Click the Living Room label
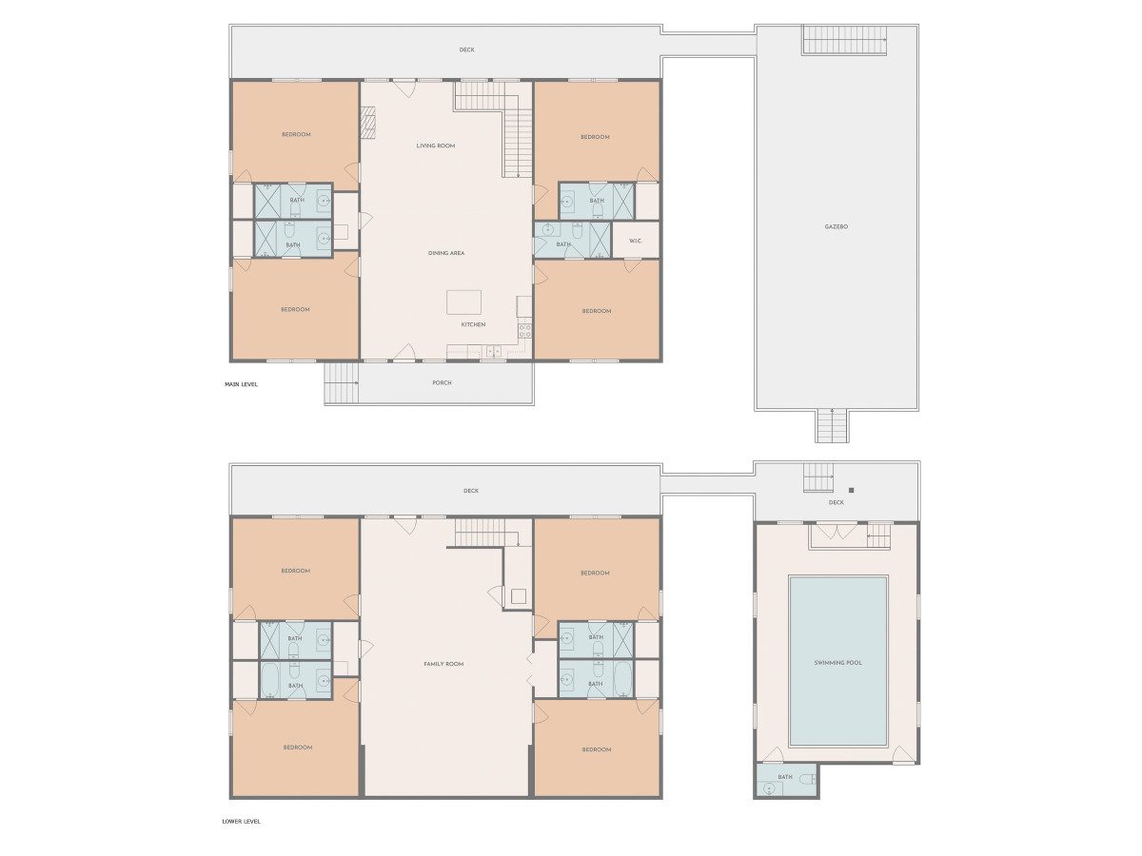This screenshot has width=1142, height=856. pos(436,146)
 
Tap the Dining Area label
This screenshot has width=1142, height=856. pos(446,253)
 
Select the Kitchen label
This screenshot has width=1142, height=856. pos(473,324)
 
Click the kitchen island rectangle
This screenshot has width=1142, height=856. pos(463,302)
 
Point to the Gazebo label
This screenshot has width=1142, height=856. pos(837,226)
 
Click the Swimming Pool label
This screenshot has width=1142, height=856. pos(837,663)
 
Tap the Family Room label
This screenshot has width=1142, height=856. pos(443,664)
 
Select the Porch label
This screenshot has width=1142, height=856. pos(442,383)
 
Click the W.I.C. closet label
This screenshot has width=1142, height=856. pos(636,242)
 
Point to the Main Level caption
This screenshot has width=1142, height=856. pos(241,384)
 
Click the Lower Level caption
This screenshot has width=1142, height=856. pos(241,822)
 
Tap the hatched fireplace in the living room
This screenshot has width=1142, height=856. pos(369,123)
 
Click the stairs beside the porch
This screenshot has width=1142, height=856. pos(342,383)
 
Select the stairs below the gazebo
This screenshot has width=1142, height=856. pos(832,426)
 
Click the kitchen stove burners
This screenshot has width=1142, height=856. pos(524,331)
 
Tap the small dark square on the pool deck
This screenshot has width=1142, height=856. pos(851,490)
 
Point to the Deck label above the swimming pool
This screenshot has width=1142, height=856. pos(837,502)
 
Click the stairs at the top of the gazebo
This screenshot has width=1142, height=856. pos(844,40)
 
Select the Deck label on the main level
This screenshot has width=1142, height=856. pos(466,49)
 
